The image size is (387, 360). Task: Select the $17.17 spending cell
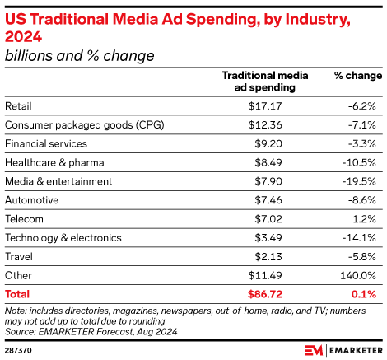(264, 106)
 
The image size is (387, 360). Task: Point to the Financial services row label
(41, 143)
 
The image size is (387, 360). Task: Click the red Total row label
(17, 293)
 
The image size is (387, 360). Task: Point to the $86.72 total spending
(263, 293)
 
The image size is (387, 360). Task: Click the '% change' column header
(357, 75)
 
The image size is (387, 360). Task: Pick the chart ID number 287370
(18, 349)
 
